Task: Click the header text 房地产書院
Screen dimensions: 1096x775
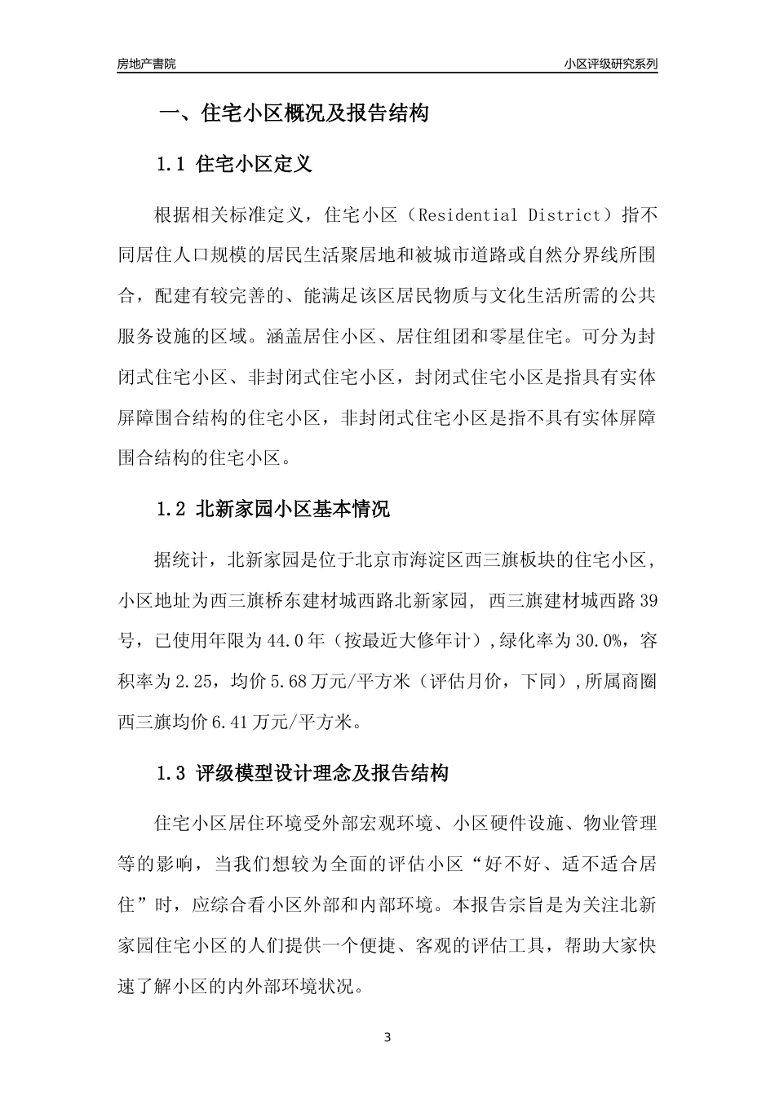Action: [x=146, y=64]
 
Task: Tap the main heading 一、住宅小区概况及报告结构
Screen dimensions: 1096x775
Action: [x=293, y=113]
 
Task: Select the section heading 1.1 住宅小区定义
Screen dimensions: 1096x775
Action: [x=234, y=165]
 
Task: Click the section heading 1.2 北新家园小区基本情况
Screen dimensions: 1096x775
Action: [x=273, y=510]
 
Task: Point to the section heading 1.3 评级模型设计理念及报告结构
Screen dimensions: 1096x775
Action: [x=303, y=774]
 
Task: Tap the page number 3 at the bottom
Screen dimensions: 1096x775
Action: [x=387, y=1038]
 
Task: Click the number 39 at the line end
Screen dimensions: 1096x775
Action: [x=648, y=601]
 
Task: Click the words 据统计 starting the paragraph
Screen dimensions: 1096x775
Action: [x=182, y=560]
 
